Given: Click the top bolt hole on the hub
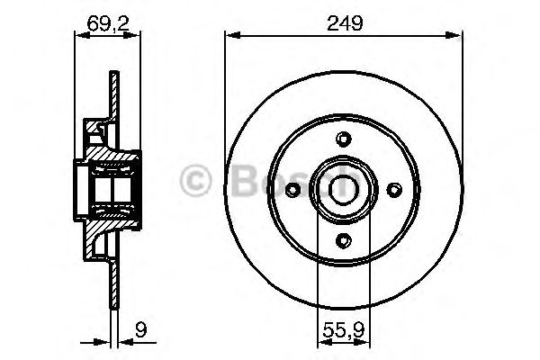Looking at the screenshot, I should pos(341,138).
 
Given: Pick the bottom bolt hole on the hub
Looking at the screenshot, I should pos(341,239).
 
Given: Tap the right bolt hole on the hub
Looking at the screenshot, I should pos(392,188).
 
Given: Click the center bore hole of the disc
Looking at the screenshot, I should pos(341,188).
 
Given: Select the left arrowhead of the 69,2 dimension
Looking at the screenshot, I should pos(77,36).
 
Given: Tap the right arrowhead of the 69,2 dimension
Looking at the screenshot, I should pos(136,36).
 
